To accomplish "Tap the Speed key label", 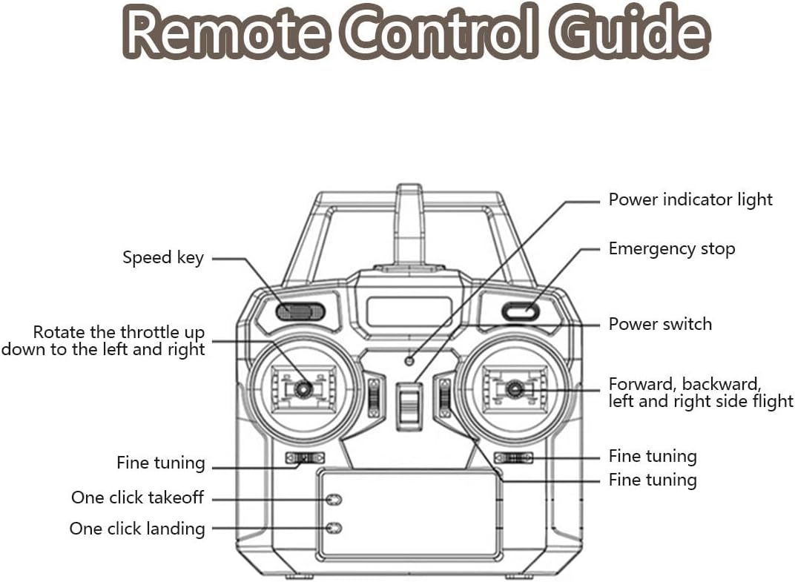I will tap(162, 258).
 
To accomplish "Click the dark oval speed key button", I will tap(300, 311).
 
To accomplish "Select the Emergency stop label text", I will tap(671, 249).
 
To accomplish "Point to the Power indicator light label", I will tap(690, 199).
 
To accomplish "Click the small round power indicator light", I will tap(409, 361).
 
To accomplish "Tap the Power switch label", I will tap(659, 324).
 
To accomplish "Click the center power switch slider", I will tap(409, 406).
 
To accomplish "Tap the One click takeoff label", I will tap(137, 497).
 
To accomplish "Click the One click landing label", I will tap(137, 529).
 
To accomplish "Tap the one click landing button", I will tap(334, 528).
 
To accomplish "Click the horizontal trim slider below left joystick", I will tap(305, 458).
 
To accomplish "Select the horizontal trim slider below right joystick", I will tap(513, 458).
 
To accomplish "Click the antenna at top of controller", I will tap(409, 222).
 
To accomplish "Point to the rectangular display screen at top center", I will tap(409, 311).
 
